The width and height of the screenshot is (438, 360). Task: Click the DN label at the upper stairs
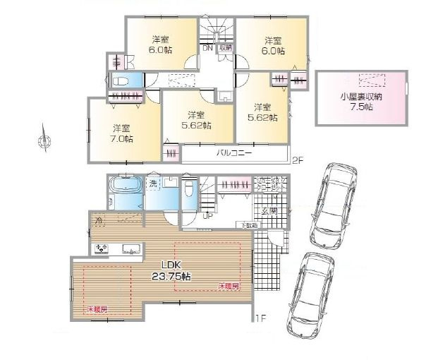(207, 49)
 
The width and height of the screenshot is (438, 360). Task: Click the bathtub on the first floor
(127, 191)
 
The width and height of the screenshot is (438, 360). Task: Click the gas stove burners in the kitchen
(102, 248)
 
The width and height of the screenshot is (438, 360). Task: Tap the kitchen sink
(130, 248)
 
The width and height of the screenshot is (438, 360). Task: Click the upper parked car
(331, 199)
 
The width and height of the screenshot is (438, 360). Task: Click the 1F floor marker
(260, 318)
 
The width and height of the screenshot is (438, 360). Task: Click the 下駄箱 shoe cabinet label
(250, 225)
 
